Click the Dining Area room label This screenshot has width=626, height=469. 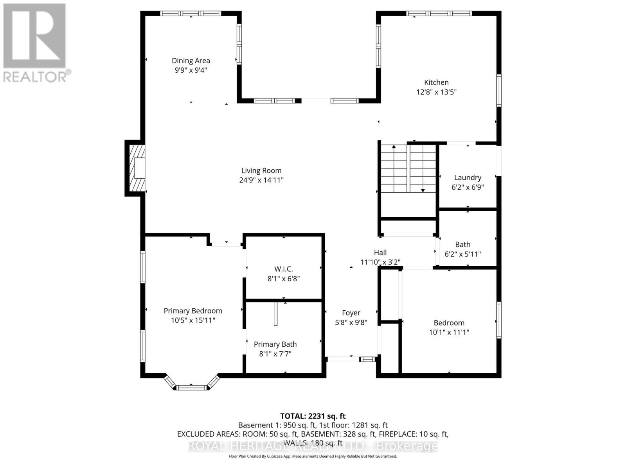coord(191,61)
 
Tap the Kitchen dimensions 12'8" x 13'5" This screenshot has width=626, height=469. coord(436,92)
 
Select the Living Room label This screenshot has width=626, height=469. coord(261,170)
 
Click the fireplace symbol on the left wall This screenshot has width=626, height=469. coord(135,168)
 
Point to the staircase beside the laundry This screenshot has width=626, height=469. coord(408,168)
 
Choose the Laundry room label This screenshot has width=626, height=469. coord(468,177)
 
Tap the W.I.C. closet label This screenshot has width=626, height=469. coord(283,269)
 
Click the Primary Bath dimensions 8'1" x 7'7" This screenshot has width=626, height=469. coord(275,354)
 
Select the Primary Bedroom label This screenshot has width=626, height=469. coord(192,311)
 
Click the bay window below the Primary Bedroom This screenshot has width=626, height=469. coord(191,387)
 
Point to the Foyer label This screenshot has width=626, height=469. coord(351,313)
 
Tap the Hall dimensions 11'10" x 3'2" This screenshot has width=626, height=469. coord(380,262)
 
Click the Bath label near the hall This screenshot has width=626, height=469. coord(462,244)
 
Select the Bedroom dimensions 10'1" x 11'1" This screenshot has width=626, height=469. coord(449,333)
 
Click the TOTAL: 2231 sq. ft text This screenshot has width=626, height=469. coord(313,416)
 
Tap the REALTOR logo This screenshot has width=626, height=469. coord(35,43)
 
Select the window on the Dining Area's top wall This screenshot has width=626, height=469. coord(191,13)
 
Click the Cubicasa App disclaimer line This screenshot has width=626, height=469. coord(313,456)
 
